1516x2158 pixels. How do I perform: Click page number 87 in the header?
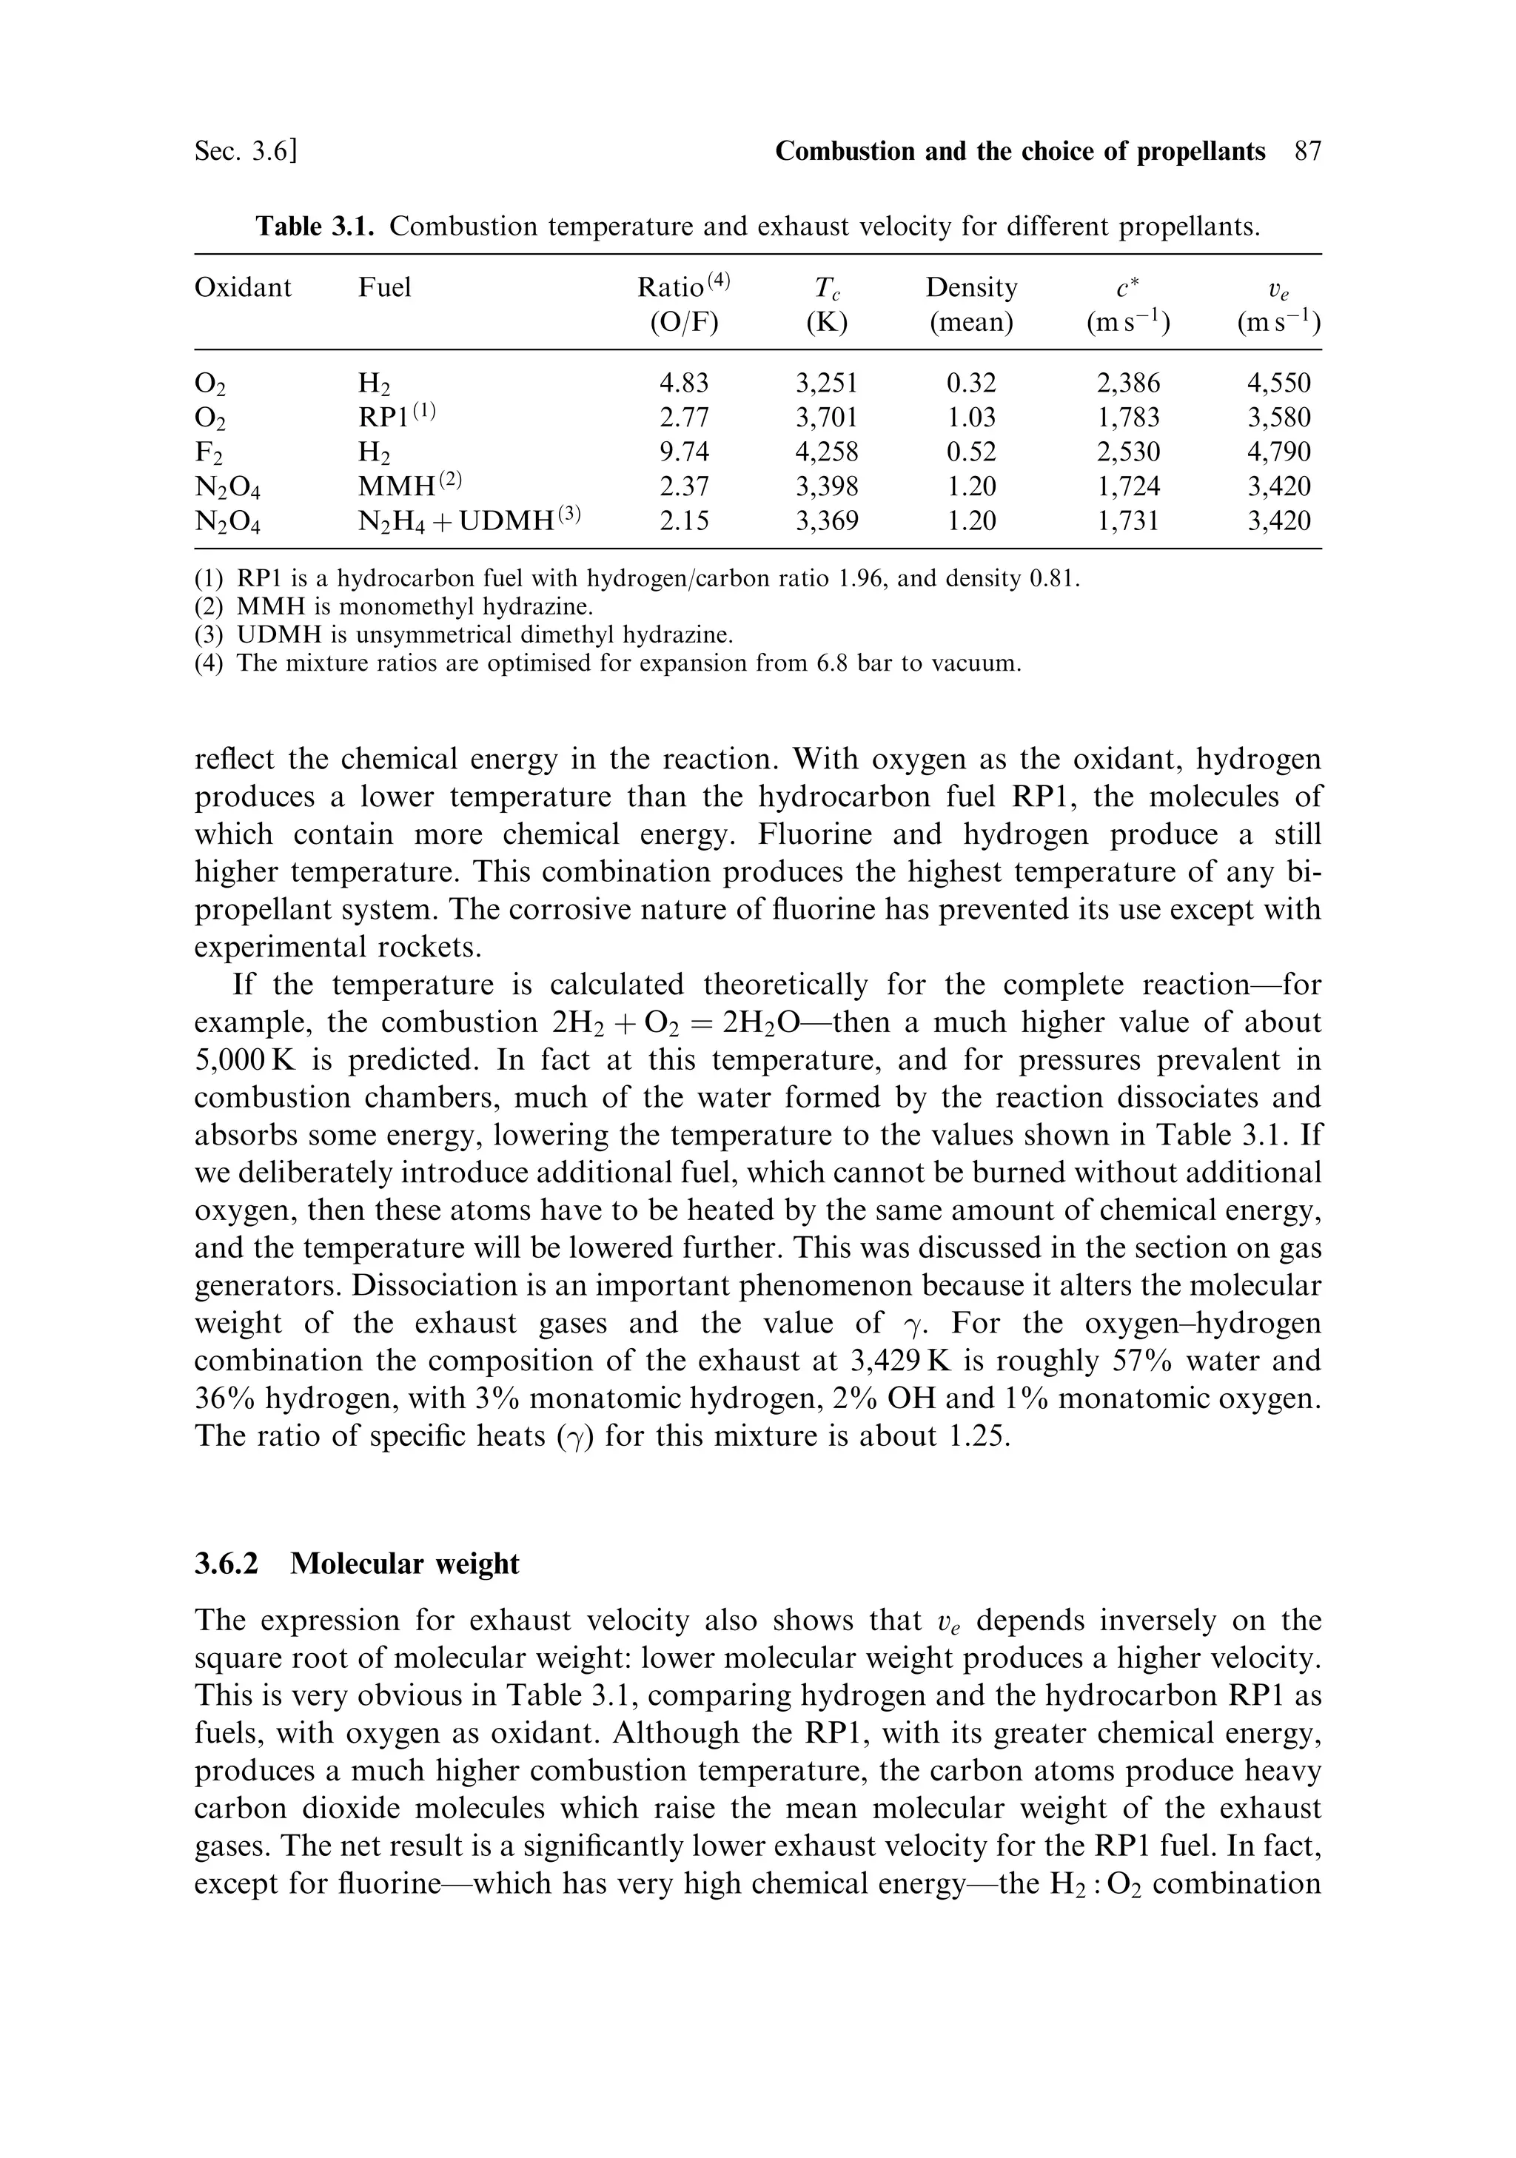(1307, 151)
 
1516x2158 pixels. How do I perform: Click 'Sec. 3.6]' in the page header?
(246, 151)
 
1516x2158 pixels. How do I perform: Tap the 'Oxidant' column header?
(243, 286)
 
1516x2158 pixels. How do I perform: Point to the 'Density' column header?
(971, 286)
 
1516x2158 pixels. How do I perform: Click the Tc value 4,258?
(826, 452)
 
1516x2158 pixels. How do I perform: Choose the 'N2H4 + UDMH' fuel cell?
(469, 520)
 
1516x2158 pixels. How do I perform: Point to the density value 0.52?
(971, 452)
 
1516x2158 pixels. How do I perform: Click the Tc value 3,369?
(826, 520)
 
